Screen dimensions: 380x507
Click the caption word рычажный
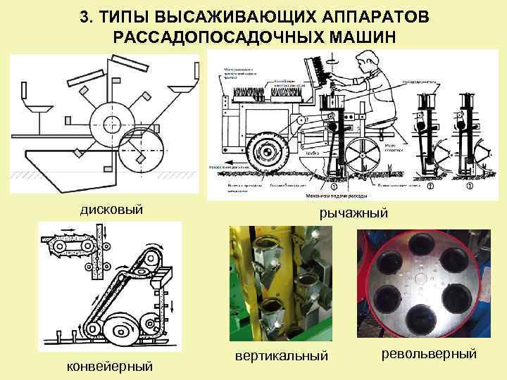coord(353,213)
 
